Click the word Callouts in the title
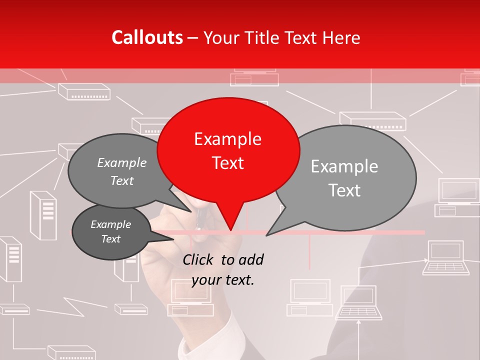coord(147,37)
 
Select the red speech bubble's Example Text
coord(228,150)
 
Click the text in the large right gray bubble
coord(344,178)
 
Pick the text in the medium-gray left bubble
coord(122,171)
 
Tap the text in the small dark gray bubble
coord(110,231)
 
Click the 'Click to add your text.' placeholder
coord(223,269)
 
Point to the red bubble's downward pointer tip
coord(230,230)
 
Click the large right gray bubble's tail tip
coord(267,235)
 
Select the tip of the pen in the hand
coord(198,227)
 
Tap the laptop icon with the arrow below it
coord(358,302)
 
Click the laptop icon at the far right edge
coord(446,258)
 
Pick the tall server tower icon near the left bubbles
coord(43,215)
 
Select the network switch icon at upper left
coord(84,91)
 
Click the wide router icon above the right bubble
coord(372,119)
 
